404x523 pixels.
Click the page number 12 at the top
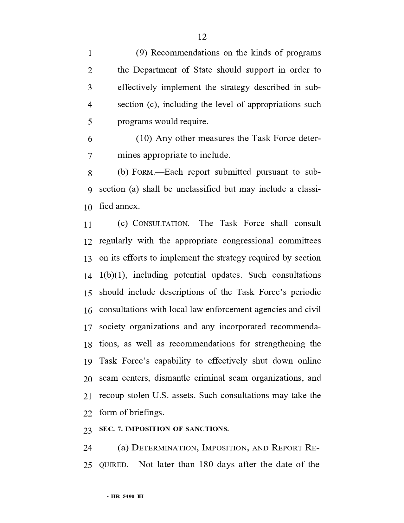click(x=202, y=37)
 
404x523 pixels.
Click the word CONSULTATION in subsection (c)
click(x=161, y=224)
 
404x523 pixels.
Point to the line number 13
click(x=88, y=259)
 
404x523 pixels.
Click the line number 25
click(x=88, y=465)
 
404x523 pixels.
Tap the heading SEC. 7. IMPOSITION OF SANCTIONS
click(x=164, y=429)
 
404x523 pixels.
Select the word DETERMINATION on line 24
click(x=164, y=448)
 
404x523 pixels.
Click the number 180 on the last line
click(x=208, y=465)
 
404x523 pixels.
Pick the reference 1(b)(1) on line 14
click(x=113, y=275)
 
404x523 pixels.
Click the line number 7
click(x=90, y=156)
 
